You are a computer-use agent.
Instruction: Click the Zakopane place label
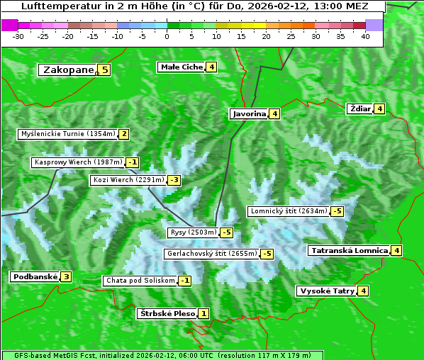(68, 70)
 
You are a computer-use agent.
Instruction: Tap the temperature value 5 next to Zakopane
(105, 70)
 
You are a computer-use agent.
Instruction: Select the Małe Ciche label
(182, 67)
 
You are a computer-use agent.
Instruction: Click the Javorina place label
(249, 113)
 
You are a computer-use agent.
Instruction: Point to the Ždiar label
(360, 108)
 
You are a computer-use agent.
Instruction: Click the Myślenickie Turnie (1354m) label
(67, 134)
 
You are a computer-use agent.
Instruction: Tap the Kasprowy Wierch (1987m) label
(78, 162)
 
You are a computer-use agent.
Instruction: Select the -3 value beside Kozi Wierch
(174, 180)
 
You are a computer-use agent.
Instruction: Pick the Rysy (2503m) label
(193, 232)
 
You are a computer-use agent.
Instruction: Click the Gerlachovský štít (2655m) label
(211, 254)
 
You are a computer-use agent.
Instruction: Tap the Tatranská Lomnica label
(349, 250)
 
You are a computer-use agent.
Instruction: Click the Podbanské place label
(35, 277)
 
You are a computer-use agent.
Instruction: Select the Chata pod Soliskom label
(140, 281)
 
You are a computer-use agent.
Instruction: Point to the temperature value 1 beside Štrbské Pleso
(203, 314)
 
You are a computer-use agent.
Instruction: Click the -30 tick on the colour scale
(18, 35)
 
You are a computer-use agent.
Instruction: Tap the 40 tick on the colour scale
(365, 35)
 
